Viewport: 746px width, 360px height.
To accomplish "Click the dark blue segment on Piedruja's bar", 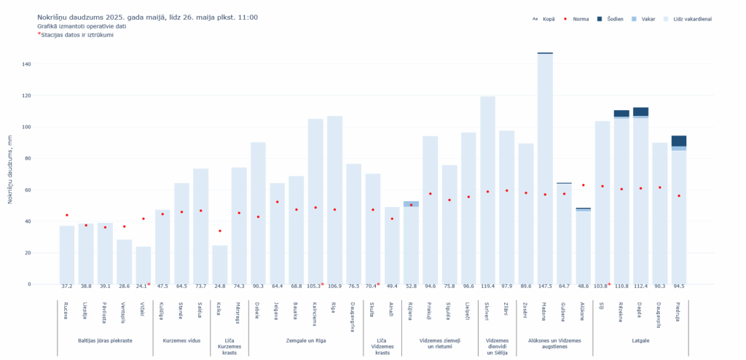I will point(678,141).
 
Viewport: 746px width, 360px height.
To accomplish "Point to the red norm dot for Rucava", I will point(67,215).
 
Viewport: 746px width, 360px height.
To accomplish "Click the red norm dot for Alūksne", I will point(583,185).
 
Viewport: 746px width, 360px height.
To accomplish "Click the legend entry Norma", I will point(581,18).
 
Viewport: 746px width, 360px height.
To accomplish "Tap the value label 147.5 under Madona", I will point(545,286).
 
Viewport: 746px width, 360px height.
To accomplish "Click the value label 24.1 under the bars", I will point(142,286).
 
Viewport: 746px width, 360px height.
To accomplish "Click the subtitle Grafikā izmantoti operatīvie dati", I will point(82,26).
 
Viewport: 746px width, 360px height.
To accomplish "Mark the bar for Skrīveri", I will point(487,189).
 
